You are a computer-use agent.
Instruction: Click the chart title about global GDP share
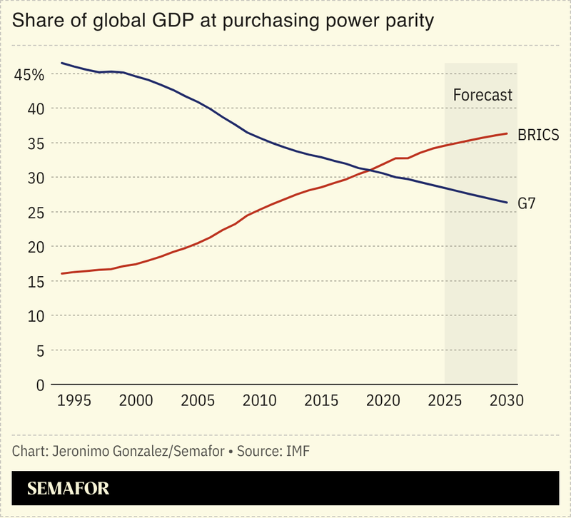point(223,21)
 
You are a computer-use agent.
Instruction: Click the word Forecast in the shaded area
point(483,95)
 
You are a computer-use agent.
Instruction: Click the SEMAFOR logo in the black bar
point(69,489)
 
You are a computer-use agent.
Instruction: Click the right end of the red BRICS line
point(507,133)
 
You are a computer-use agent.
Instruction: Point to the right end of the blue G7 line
point(507,203)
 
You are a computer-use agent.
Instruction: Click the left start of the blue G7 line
point(61,63)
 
